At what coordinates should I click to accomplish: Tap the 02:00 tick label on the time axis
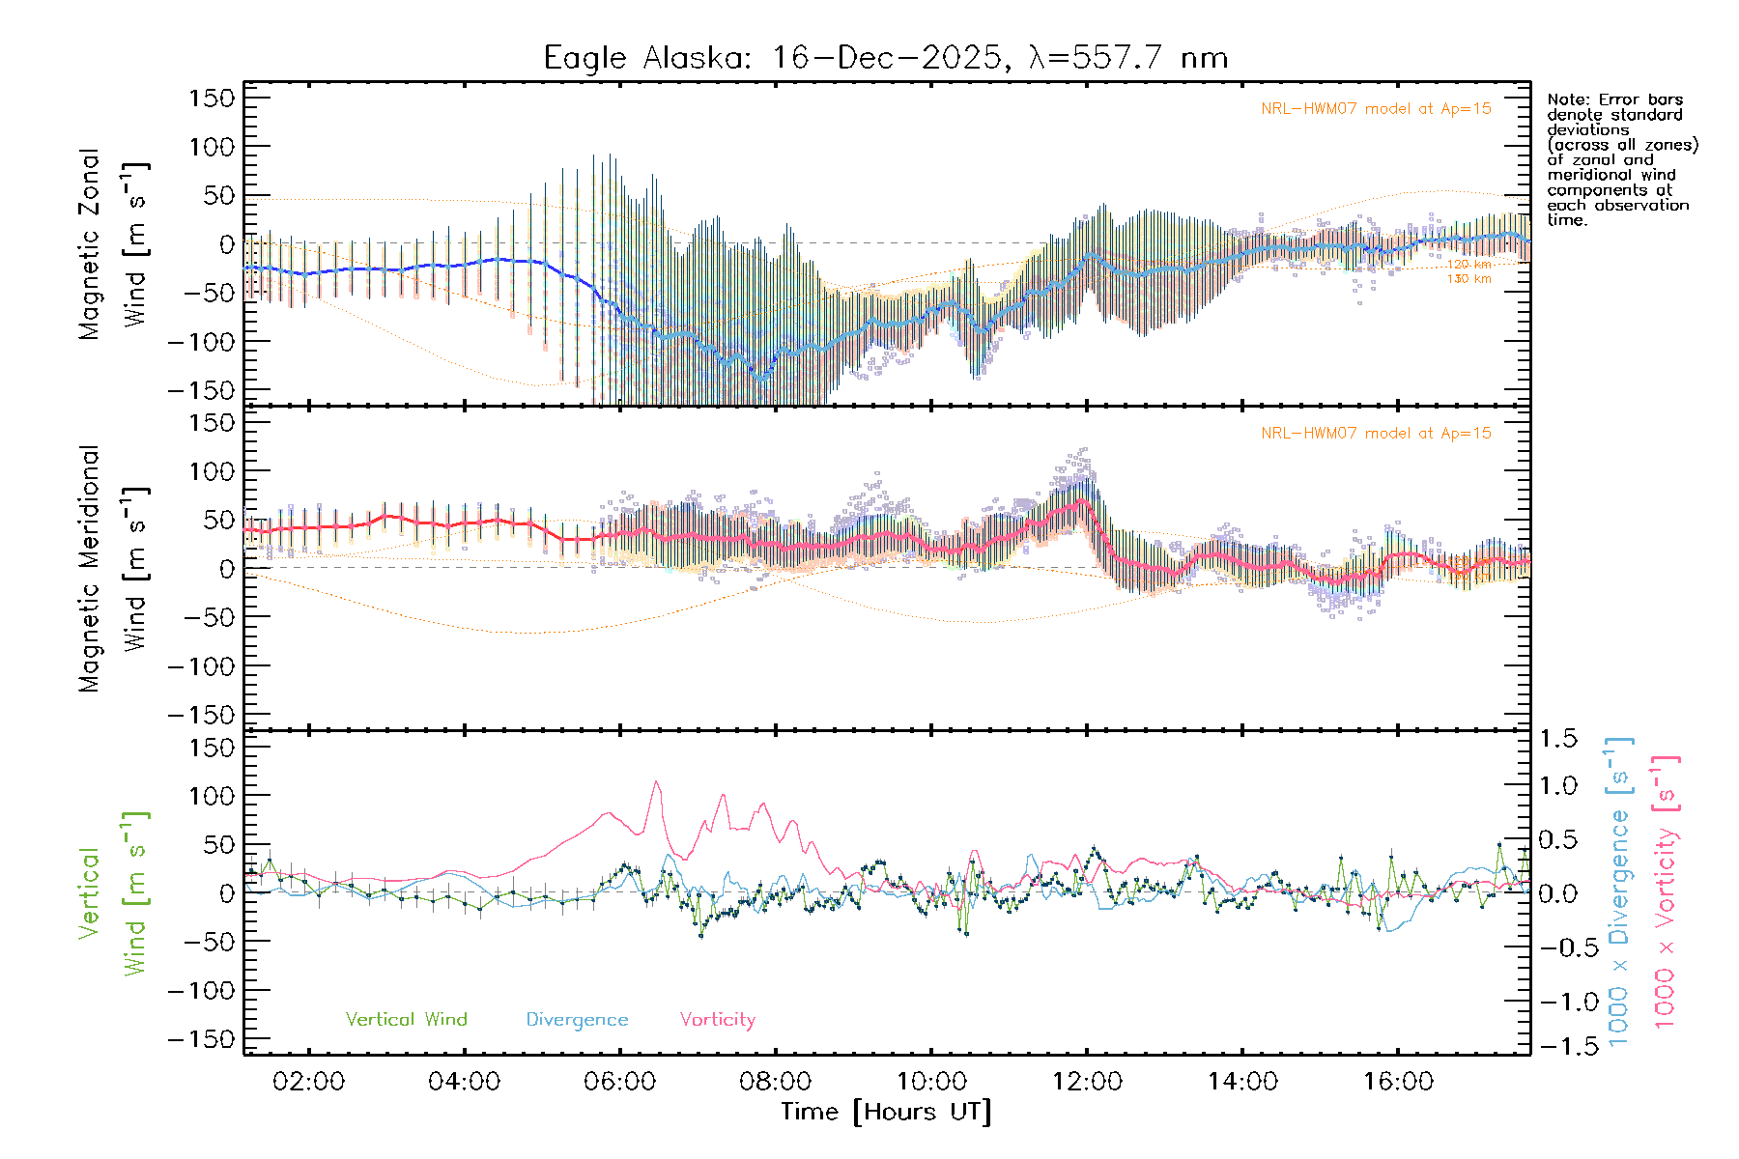pos(308,1082)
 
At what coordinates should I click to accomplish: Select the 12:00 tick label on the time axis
pos(1087,1082)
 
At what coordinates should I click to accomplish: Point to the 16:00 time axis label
pos(1398,1082)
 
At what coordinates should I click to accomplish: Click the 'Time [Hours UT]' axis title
pos(886,1112)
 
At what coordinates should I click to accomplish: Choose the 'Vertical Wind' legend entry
pos(406,1020)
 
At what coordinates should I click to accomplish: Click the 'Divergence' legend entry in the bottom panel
pos(577,1020)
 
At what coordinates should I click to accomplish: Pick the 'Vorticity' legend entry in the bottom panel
pos(717,1020)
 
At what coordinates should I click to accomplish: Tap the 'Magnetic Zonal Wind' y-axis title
pos(112,244)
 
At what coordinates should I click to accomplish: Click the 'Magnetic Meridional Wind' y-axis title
pos(112,570)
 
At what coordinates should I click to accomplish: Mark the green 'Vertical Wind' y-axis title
pos(112,893)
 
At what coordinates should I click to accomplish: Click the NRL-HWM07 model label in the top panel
pos(1376,109)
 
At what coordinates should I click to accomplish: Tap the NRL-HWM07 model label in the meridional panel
pos(1376,434)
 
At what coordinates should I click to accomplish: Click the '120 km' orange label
pos(1468,265)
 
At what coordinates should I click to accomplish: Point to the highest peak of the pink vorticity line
pos(657,781)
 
